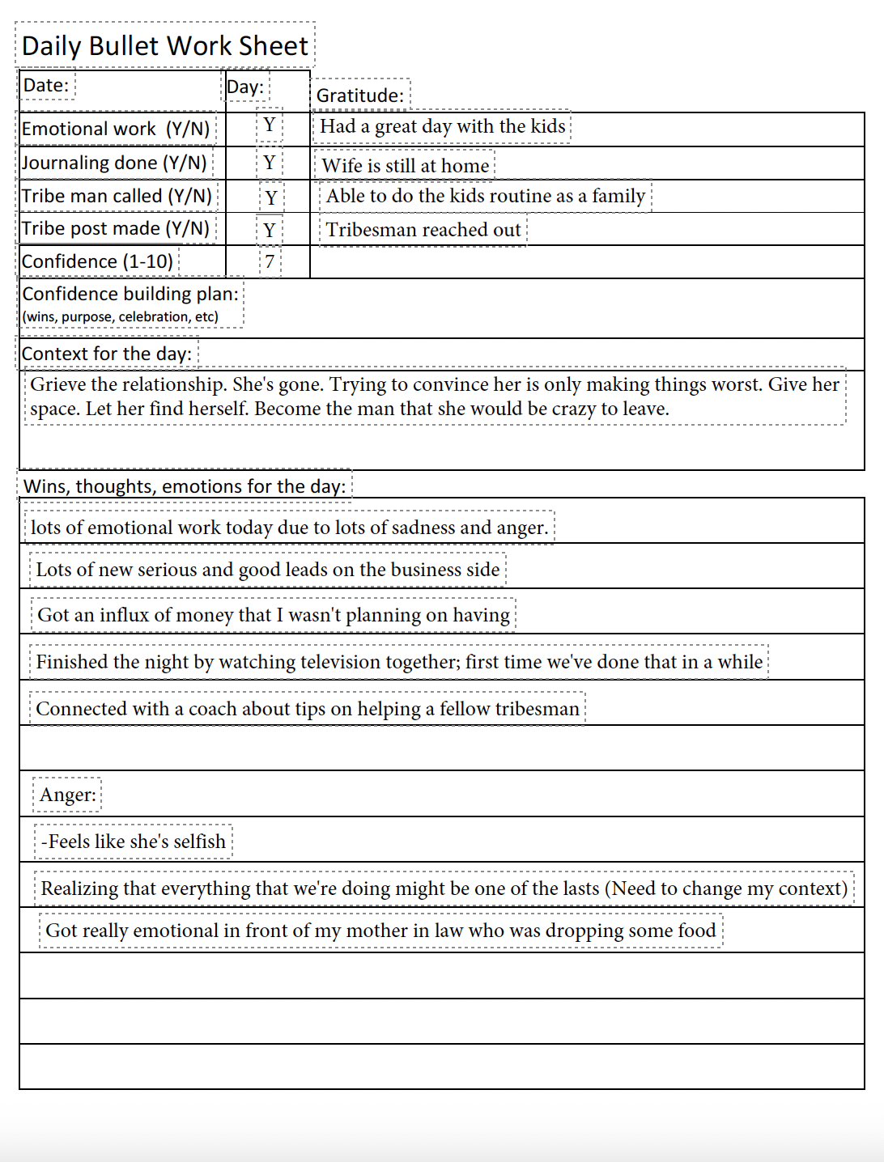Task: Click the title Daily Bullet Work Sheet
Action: point(165,45)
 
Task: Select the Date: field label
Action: point(46,85)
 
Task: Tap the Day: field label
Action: point(245,87)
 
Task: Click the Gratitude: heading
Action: point(360,95)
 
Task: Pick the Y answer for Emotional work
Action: point(270,125)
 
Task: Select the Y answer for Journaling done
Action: point(270,163)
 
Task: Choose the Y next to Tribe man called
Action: point(271,197)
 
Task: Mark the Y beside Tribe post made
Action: point(270,231)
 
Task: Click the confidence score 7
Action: point(270,262)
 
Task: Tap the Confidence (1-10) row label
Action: point(98,262)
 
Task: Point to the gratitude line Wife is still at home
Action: point(405,166)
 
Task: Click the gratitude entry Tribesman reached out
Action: point(423,230)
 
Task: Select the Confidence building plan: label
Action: point(130,294)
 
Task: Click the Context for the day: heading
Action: point(107,354)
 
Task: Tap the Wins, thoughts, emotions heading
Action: point(185,486)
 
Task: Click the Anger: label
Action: point(68,795)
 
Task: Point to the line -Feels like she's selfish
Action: point(134,842)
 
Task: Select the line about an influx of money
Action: point(274,615)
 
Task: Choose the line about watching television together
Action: point(399,662)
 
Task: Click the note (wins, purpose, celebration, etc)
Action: point(121,316)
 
